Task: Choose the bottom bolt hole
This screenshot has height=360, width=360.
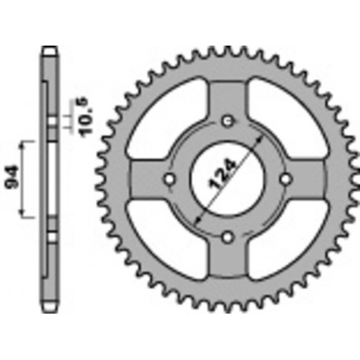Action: pyautogui.click(x=227, y=237)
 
